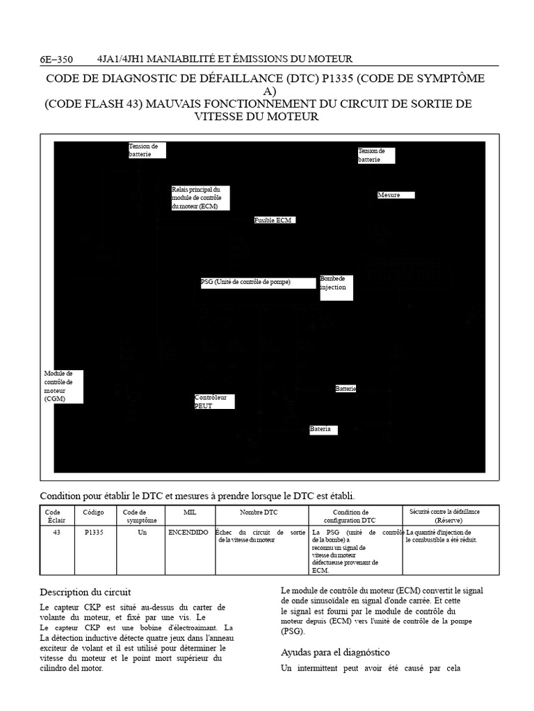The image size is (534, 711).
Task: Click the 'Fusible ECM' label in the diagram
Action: point(275,220)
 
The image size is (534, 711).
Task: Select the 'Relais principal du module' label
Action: point(200,198)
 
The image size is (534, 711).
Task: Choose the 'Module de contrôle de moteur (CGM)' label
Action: point(62,386)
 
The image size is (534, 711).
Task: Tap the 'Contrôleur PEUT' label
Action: point(213,401)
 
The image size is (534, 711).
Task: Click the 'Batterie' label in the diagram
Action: point(346,389)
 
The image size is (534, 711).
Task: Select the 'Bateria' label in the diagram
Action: point(323,430)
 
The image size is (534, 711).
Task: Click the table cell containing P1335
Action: point(95,532)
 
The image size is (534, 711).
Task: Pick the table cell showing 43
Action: point(56,532)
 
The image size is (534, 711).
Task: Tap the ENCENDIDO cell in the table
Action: point(188,532)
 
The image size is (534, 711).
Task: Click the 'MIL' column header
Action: point(189,512)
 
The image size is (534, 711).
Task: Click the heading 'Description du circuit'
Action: point(86,592)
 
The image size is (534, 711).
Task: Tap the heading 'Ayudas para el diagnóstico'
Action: point(335,652)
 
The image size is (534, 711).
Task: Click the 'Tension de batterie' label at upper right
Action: point(375,155)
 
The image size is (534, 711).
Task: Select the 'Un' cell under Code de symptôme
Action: point(143,532)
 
